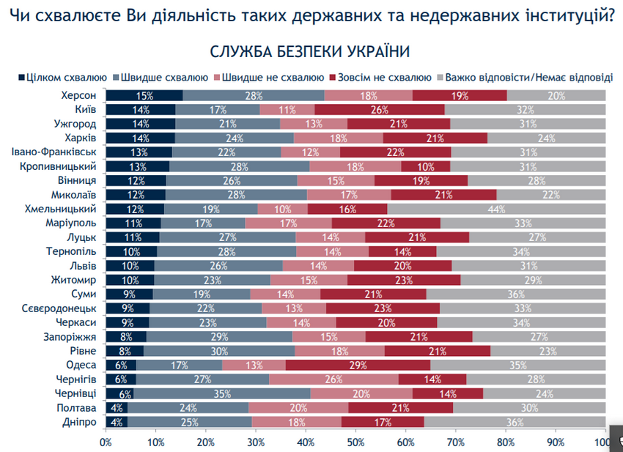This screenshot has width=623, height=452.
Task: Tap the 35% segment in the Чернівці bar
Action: coord(221,393)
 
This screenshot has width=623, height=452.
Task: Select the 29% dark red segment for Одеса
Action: coord(358,364)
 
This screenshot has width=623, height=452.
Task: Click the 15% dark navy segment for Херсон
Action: coord(144,95)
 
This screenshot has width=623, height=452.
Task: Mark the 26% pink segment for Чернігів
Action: coord(333,379)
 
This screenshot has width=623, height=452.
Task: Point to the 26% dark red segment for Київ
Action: coord(380,109)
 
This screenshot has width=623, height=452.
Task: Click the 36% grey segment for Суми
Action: coord(516,294)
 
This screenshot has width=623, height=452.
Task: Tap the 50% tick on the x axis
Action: coord(355,442)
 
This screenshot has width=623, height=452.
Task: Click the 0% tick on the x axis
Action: coord(106,442)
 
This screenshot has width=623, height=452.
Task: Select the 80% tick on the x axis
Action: coord(506,442)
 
